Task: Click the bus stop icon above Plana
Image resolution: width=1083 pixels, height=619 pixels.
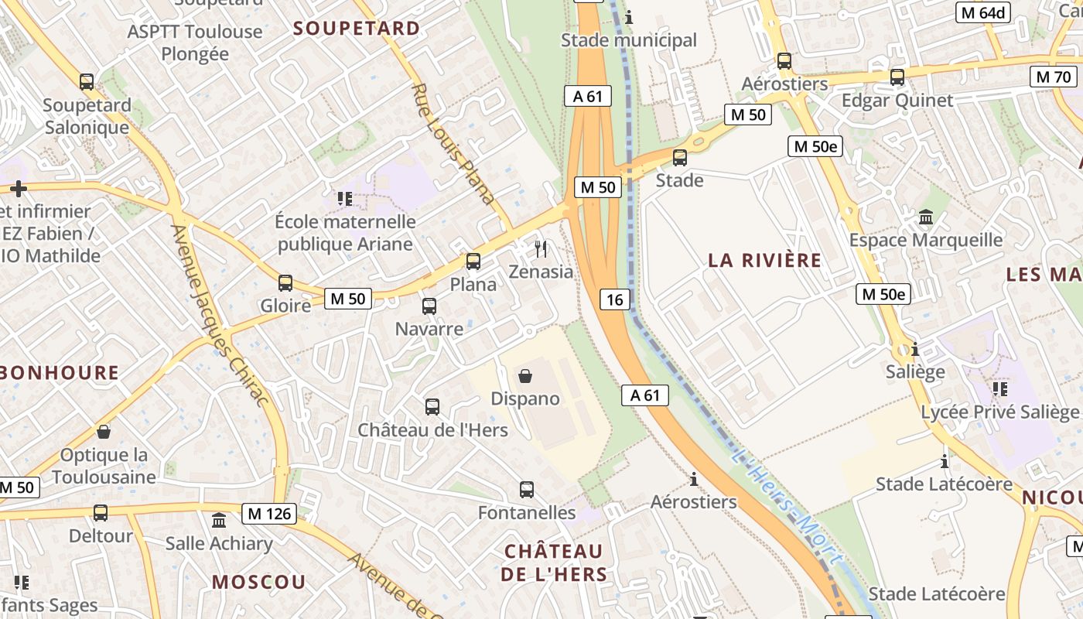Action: click(473, 262)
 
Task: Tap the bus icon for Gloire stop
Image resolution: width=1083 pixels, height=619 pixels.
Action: click(285, 283)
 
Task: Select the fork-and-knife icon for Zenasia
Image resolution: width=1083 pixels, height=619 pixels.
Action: click(541, 248)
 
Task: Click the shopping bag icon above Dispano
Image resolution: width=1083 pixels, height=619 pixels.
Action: click(525, 376)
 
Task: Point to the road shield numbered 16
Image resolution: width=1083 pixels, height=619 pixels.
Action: click(614, 299)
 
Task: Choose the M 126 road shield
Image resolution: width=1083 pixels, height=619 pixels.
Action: click(269, 513)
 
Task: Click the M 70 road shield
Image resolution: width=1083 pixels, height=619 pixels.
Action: click(1054, 77)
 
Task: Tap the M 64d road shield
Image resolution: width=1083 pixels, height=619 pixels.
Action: click(984, 12)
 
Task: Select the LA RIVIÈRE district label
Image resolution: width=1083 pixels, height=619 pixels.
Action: click(764, 260)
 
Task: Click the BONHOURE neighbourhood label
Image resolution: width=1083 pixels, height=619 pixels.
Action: click(60, 373)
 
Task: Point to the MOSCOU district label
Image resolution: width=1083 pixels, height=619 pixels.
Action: click(259, 582)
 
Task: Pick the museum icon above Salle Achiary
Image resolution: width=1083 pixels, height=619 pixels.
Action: click(219, 520)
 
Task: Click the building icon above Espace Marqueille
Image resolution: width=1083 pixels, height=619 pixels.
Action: click(926, 217)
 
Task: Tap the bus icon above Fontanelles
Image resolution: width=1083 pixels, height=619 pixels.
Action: click(527, 489)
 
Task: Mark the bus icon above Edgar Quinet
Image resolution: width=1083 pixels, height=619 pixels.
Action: click(897, 77)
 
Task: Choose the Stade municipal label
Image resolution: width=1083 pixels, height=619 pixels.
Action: click(628, 40)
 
